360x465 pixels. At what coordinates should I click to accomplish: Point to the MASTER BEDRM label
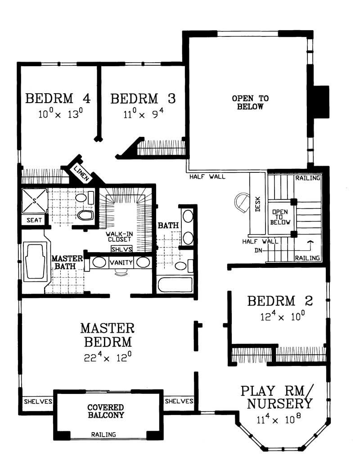click(x=107, y=334)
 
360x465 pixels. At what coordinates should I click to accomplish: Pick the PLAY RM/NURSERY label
click(x=276, y=397)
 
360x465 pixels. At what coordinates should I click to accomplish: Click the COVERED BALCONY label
click(x=106, y=411)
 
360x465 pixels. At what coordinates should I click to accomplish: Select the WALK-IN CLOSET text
click(x=119, y=237)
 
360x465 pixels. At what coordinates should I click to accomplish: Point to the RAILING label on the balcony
click(x=103, y=435)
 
